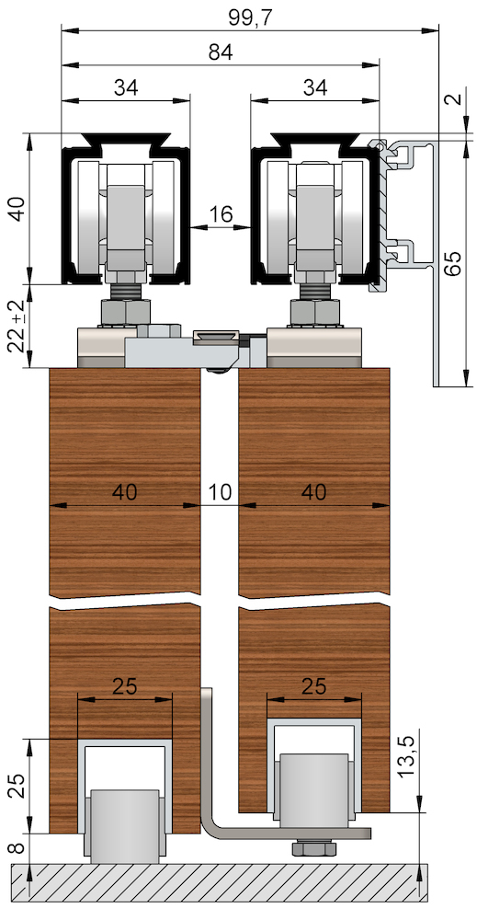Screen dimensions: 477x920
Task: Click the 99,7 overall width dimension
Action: (250, 17)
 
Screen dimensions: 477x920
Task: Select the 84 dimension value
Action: (221, 52)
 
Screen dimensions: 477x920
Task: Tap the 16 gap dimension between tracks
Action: (221, 215)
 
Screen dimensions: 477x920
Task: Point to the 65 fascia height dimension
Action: (452, 263)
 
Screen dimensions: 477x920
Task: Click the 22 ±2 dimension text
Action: (17, 326)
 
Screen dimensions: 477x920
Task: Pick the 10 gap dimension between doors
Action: (220, 492)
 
